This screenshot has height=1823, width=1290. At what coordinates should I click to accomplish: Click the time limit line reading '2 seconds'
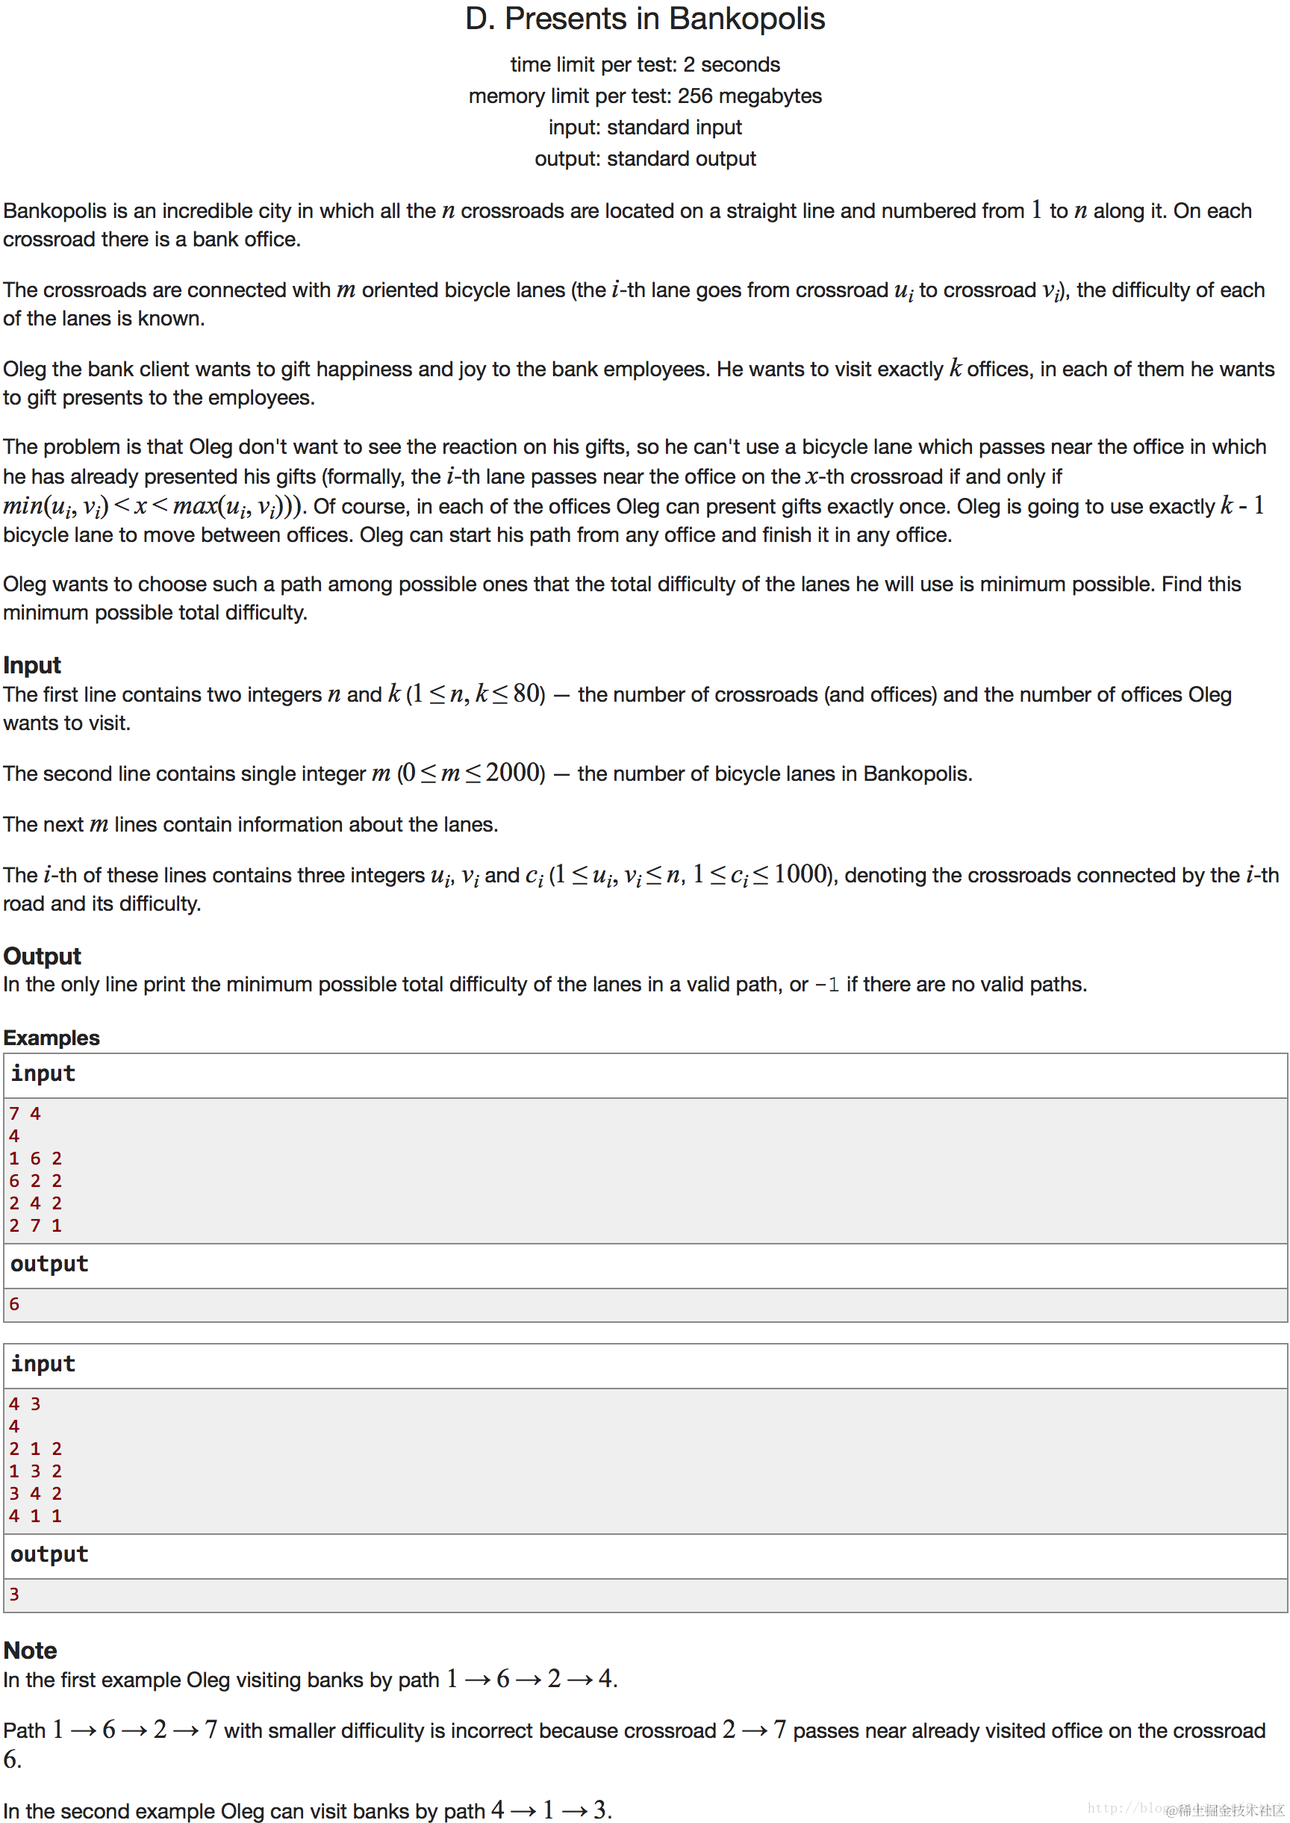[x=644, y=64]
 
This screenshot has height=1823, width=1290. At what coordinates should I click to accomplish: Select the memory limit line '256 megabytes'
[x=644, y=96]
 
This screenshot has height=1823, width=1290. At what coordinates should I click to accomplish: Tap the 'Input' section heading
[x=32, y=665]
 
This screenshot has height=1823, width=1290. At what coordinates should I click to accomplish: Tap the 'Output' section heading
[x=42, y=956]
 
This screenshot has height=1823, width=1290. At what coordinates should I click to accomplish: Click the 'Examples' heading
[x=52, y=1038]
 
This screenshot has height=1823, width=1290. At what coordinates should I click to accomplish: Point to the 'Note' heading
[x=30, y=1650]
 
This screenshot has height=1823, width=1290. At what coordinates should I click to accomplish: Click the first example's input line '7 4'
[x=25, y=1114]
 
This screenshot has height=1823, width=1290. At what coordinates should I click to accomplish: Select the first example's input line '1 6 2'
[x=36, y=1158]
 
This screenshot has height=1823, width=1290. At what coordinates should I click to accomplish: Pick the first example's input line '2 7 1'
[x=36, y=1225]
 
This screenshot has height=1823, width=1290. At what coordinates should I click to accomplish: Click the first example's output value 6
[x=14, y=1303]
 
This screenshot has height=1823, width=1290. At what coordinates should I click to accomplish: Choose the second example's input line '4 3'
[x=25, y=1403]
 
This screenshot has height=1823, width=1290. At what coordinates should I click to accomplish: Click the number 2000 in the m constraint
[x=512, y=772]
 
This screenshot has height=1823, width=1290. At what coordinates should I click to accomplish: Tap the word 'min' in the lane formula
[x=22, y=506]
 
